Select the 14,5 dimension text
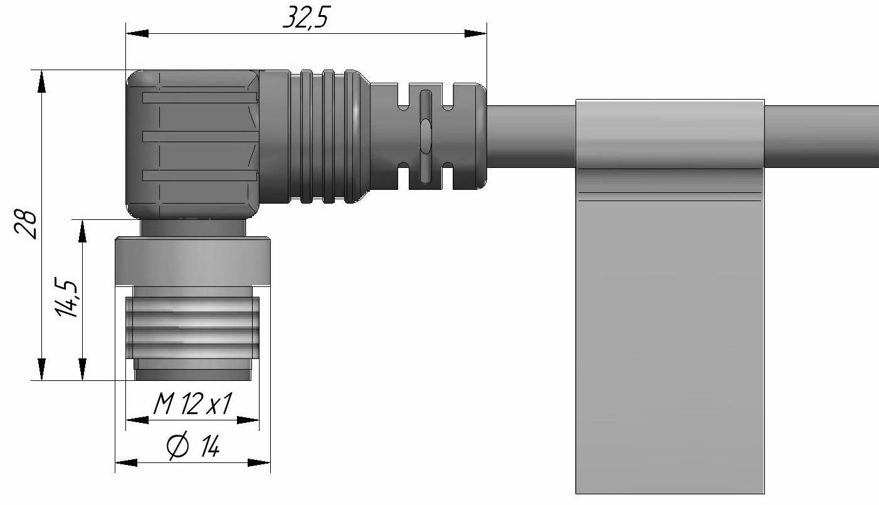tap(68, 299)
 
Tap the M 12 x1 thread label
tap(191, 407)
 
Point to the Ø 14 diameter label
tap(192, 448)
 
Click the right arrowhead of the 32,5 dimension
tap(475, 33)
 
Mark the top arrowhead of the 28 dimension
tap(41, 82)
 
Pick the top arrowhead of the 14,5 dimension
tap(82, 231)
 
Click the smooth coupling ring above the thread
tap(192, 261)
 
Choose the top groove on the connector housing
tap(199, 98)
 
